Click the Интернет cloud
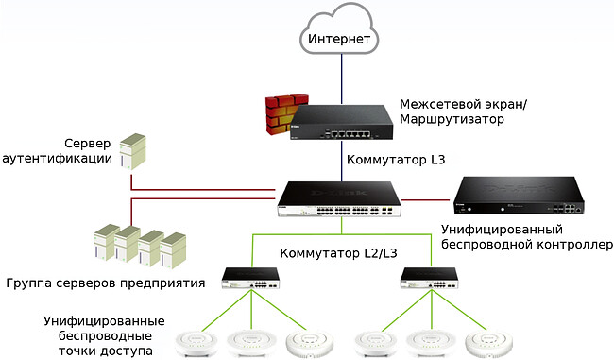(x=339, y=38)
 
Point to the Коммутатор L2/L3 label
(x=335, y=254)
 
